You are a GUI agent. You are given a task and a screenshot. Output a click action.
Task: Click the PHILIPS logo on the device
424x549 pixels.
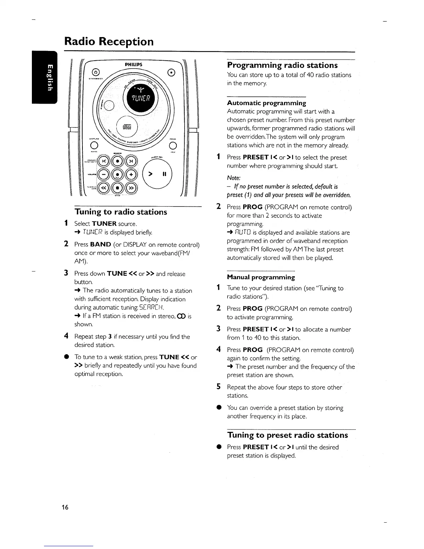pos(133,64)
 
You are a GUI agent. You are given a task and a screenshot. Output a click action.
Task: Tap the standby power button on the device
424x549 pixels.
pos(96,72)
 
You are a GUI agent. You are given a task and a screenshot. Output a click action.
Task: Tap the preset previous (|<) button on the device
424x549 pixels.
pos(103,162)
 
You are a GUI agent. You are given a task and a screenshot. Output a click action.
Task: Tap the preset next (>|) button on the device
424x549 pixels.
pos(131,162)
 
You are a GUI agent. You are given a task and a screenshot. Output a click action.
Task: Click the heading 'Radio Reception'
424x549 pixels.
pos(109,42)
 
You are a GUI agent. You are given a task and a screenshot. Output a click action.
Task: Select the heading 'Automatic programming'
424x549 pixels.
pos(266,103)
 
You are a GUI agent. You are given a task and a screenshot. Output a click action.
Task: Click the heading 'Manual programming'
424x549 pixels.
pos(261,277)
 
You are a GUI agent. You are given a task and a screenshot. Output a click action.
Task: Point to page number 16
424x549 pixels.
pos(65,508)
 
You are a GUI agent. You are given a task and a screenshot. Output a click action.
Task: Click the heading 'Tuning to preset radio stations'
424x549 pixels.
pos(288,435)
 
